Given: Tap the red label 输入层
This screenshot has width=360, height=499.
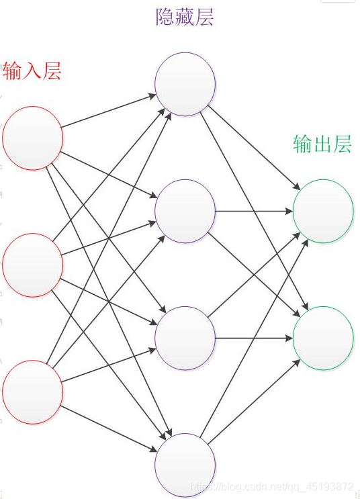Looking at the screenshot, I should (x=32, y=71).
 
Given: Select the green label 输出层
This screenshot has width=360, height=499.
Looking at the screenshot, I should (x=322, y=144).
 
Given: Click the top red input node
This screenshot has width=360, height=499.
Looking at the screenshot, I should (x=33, y=138).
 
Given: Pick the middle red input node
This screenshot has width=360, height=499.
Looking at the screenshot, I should (x=33, y=264).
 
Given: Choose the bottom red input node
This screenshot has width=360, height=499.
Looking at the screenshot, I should (x=33, y=391).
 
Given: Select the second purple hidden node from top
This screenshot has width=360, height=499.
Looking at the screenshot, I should (x=185, y=211).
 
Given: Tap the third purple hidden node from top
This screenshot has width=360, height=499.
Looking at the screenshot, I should (x=185, y=338).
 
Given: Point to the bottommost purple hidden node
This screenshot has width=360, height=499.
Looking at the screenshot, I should (x=185, y=465).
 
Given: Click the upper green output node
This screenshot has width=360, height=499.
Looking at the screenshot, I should (x=323, y=211).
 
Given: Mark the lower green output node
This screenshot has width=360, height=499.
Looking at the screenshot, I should (x=323, y=338).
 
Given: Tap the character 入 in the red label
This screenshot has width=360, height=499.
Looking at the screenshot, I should (x=32, y=71).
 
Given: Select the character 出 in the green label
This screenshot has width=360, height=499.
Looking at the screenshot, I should (x=322, y=144).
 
